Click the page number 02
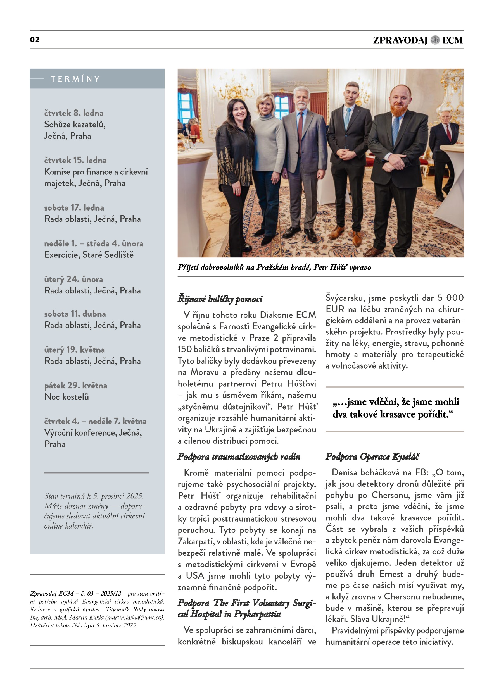pyautogui.click(x=35, y=40)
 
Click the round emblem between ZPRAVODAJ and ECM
pyautogui.click(x=435, y=40)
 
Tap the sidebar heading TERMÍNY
pyautogui.click(x=75, y=79)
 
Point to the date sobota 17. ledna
pyautogui.click(x=74, y=208)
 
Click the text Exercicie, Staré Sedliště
pyautogui.click(x=89, y=254)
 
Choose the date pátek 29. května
pyautogui.click(x=75, y=386)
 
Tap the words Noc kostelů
pyautogui.click(x=66, y=397)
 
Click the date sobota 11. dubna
pyautogui.click(x=75, y=314)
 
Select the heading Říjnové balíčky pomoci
pyautogui.click(x=220, y=299)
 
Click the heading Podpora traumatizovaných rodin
pyautogui.click(x=239, y=456)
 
